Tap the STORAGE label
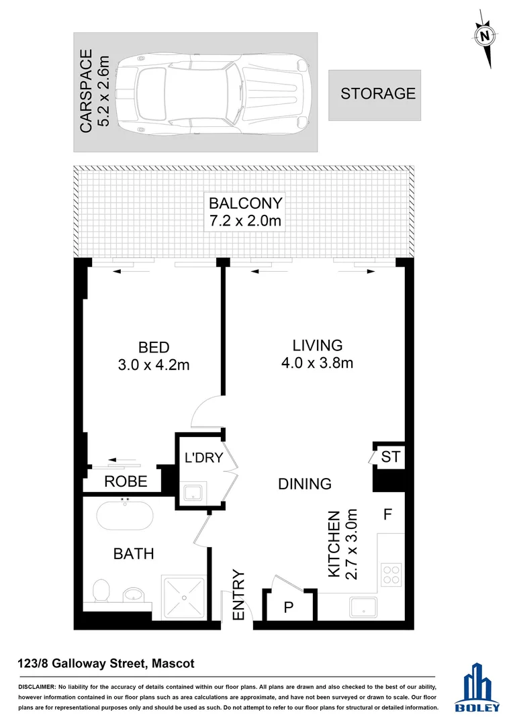coord(378,94)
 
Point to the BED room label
coord(154,347)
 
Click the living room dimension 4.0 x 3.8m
coord(318,363)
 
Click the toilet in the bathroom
coord(101,591)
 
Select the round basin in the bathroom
coord(134,593)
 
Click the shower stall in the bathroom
coord(183,597)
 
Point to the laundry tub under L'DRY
coord(195,493)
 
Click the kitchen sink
coord(367,607)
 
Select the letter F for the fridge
coord(387,516)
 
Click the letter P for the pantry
coord(289,608)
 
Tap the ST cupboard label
coord(390,457)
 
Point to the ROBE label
coord(126,481)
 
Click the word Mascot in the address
coord(173,664)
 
